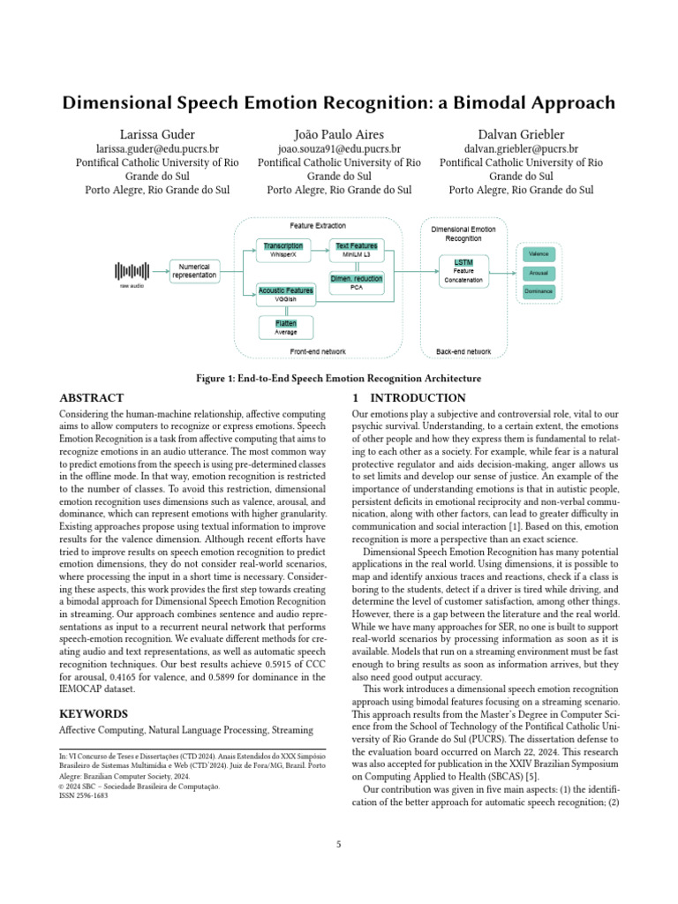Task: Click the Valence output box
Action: tap(539, 254)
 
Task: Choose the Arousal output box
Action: tap(539, 274)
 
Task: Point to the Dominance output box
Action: tap(539, 291)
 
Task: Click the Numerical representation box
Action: tap(194, 270)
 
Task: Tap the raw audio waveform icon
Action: tap(134, 272)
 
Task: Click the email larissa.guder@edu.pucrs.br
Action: tap(157, 149)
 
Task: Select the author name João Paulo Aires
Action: tap(339, 133)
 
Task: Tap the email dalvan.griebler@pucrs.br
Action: tap(521, 149)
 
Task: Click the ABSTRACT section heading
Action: tap(91, 398)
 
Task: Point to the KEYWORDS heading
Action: tap(94, 713)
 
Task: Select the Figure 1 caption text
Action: tap(338, 378)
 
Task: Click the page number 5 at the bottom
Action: tap(338, 845)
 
